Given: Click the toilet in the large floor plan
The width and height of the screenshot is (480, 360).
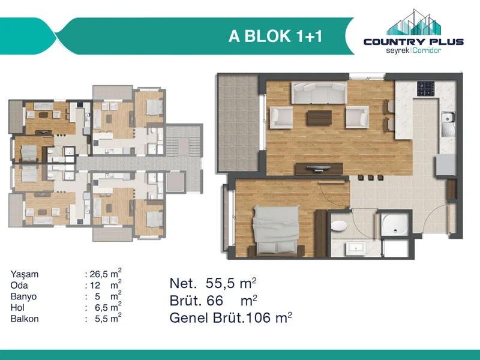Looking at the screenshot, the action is point(339,226).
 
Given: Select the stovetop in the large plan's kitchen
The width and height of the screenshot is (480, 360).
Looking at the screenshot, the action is point(425,88).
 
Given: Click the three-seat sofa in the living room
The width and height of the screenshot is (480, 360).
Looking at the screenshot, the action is point(319,92).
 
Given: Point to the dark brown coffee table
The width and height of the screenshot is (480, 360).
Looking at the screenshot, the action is point(319,118).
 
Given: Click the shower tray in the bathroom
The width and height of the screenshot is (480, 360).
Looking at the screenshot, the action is point(395,224).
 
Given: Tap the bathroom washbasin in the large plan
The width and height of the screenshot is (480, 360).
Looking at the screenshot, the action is point(356,248).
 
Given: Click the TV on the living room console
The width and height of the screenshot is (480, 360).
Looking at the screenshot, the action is point(319,168).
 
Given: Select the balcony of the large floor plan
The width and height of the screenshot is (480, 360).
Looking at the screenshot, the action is point(238,123).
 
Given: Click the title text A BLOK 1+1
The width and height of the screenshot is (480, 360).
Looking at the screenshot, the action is point(275,36).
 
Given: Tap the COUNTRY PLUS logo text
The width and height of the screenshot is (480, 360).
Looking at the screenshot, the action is point(413,42).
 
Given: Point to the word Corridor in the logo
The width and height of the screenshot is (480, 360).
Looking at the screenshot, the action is point(427,50).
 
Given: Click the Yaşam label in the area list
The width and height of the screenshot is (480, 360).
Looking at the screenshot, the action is point(25,274).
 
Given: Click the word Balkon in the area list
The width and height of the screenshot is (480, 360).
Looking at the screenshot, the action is point(25,319).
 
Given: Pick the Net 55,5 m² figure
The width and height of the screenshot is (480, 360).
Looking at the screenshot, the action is point(213,283).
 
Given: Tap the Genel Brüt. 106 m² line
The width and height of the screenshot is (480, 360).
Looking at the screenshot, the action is point(230,318).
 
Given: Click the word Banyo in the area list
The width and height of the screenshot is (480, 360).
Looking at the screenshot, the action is point(23,296).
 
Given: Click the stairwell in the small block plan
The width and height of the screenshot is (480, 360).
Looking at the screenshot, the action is point(184,140).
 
